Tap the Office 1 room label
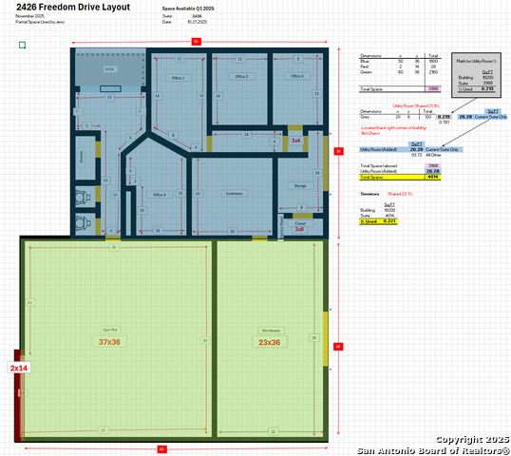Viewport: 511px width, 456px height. [x=177, y=77]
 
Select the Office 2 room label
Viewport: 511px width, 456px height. [x=241, y=76]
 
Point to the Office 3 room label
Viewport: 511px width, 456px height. [x=295, y=76]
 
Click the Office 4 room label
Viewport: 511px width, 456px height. [x=160, y=194]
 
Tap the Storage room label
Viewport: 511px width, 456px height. [x=299, y=186]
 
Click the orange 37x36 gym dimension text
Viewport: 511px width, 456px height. [x=109, y=342]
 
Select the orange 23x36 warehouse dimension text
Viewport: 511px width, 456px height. [x=270, y=342]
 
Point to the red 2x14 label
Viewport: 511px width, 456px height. [x=19, y=367]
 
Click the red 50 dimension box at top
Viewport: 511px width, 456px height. [x=196, y=41]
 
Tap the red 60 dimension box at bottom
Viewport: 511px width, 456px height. [x=161, y=448]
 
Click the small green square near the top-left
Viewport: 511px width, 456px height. [x=22, y=44]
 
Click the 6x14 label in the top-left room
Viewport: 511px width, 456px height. [x=109, y=69]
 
